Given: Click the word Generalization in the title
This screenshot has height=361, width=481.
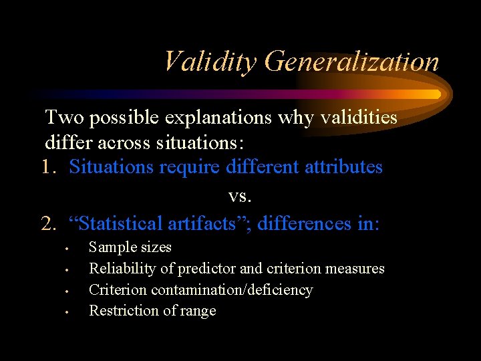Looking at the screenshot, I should coord(351,62).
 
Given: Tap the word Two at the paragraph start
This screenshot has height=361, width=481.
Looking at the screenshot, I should coord(63,118).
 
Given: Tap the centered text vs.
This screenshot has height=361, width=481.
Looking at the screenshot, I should coord(238,195).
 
